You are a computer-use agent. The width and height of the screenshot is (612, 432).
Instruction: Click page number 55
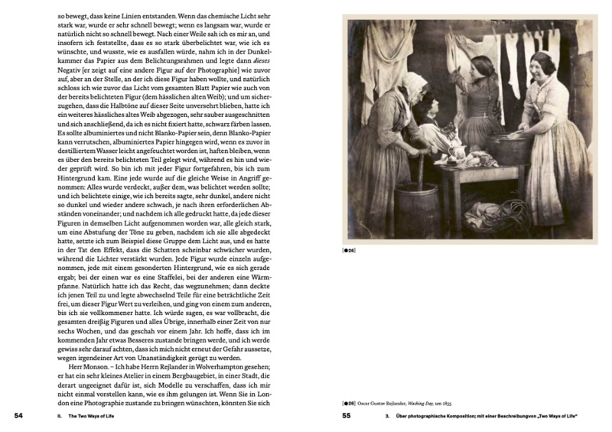click(346, 416)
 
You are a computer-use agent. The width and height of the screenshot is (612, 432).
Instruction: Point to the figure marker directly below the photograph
click(349, 249)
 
